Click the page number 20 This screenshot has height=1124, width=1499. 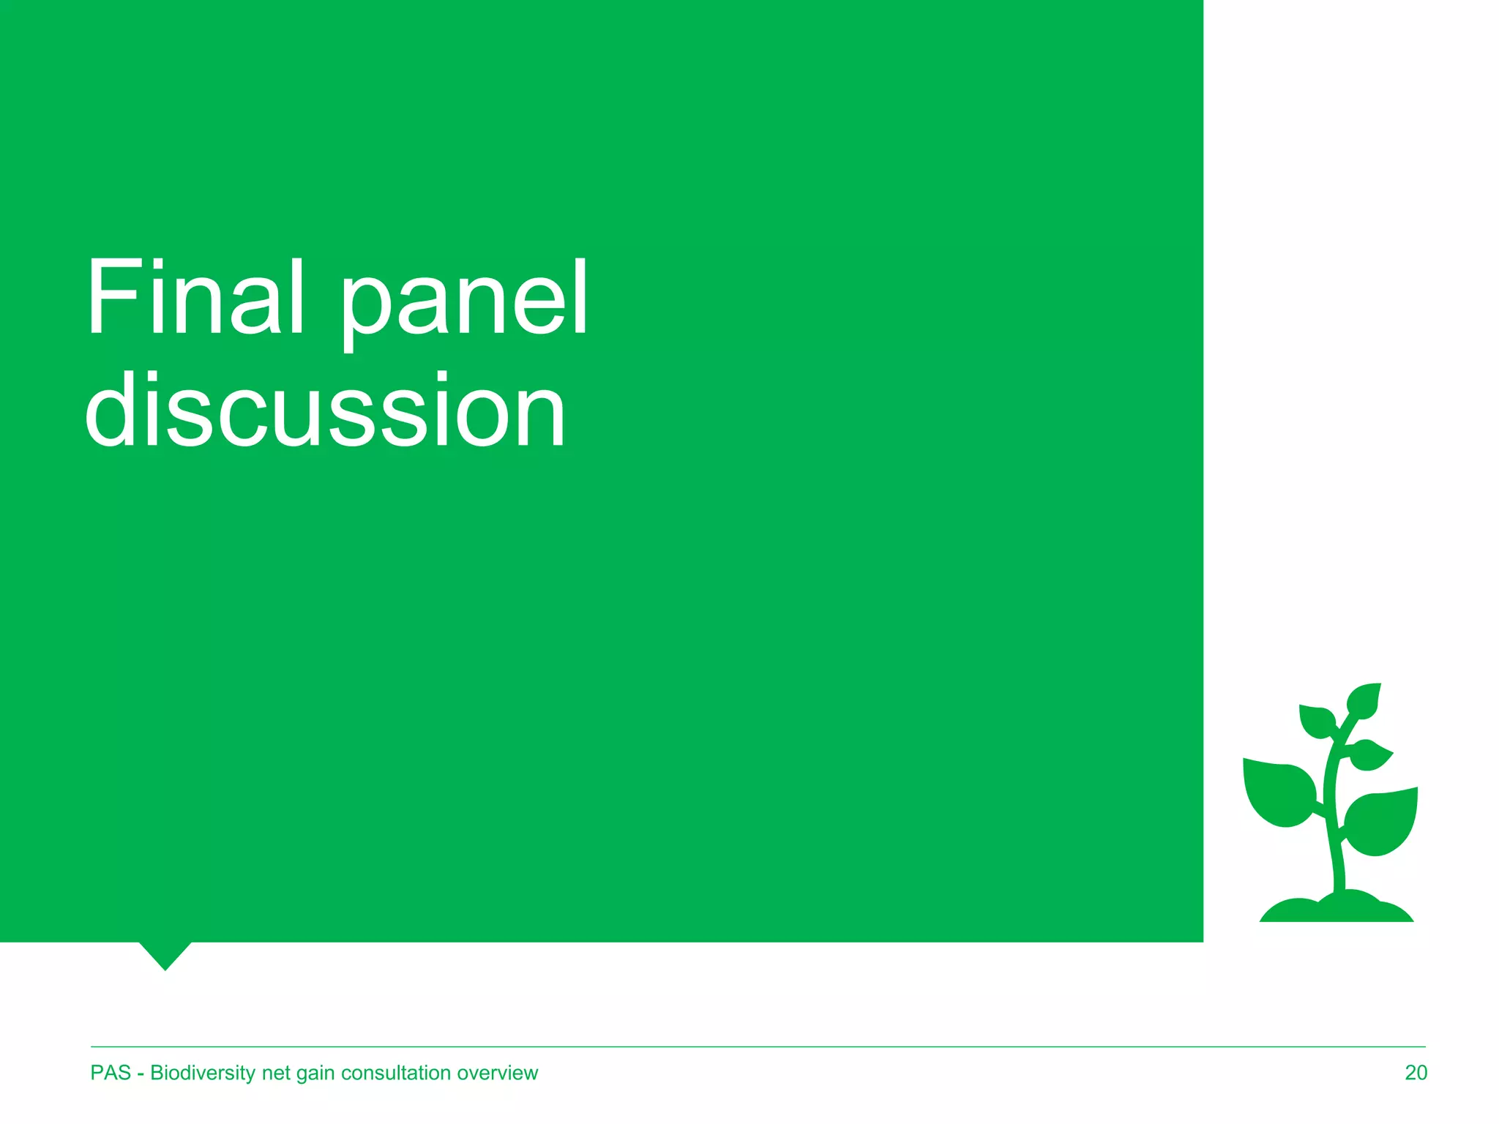click(x=1416, y=1073)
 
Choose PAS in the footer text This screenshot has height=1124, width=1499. click(x=111, y=1073)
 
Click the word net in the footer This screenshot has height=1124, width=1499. click(x=276, y=1073)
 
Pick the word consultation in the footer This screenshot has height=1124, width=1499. click(x=396, y=1073)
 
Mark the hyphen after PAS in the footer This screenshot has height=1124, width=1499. click(x=141, y=1074)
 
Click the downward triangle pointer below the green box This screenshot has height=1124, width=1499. click(x=165, y=953)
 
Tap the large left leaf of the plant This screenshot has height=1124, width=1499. click(x=1279, y=793)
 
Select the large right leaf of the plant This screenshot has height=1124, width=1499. click(x=1382, y=820)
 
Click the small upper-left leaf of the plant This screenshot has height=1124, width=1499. click(x=1317, y=720)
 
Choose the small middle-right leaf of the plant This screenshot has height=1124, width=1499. click(x=1369, y=754)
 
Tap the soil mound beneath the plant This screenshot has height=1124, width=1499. click(x=1337, y=909)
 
